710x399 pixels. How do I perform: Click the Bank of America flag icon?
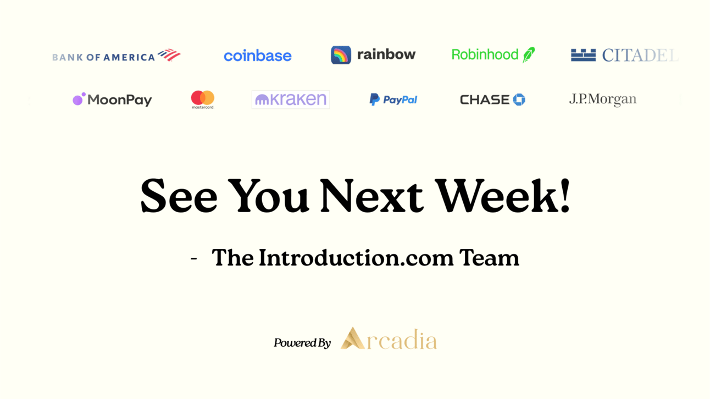169,55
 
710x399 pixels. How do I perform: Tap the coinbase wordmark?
258,56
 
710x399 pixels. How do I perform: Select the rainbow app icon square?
341,55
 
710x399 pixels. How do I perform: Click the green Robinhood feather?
529,55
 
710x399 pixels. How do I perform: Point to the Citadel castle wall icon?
583,55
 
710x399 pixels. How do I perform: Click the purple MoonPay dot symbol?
79,99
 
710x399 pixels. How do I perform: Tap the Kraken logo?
291,99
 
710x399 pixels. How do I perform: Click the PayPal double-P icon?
374,99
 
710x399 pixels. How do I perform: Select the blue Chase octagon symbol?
519,99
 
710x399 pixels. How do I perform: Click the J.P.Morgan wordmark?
602,99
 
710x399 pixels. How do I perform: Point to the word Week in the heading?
496,196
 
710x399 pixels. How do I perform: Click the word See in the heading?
179,196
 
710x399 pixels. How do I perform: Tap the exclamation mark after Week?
564,196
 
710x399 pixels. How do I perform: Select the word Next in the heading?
371,196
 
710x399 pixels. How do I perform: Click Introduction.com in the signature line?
356,258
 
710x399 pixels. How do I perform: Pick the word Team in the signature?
490,258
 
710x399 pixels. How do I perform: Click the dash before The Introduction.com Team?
194,259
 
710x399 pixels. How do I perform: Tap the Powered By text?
302,342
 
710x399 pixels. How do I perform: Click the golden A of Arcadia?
352,339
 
